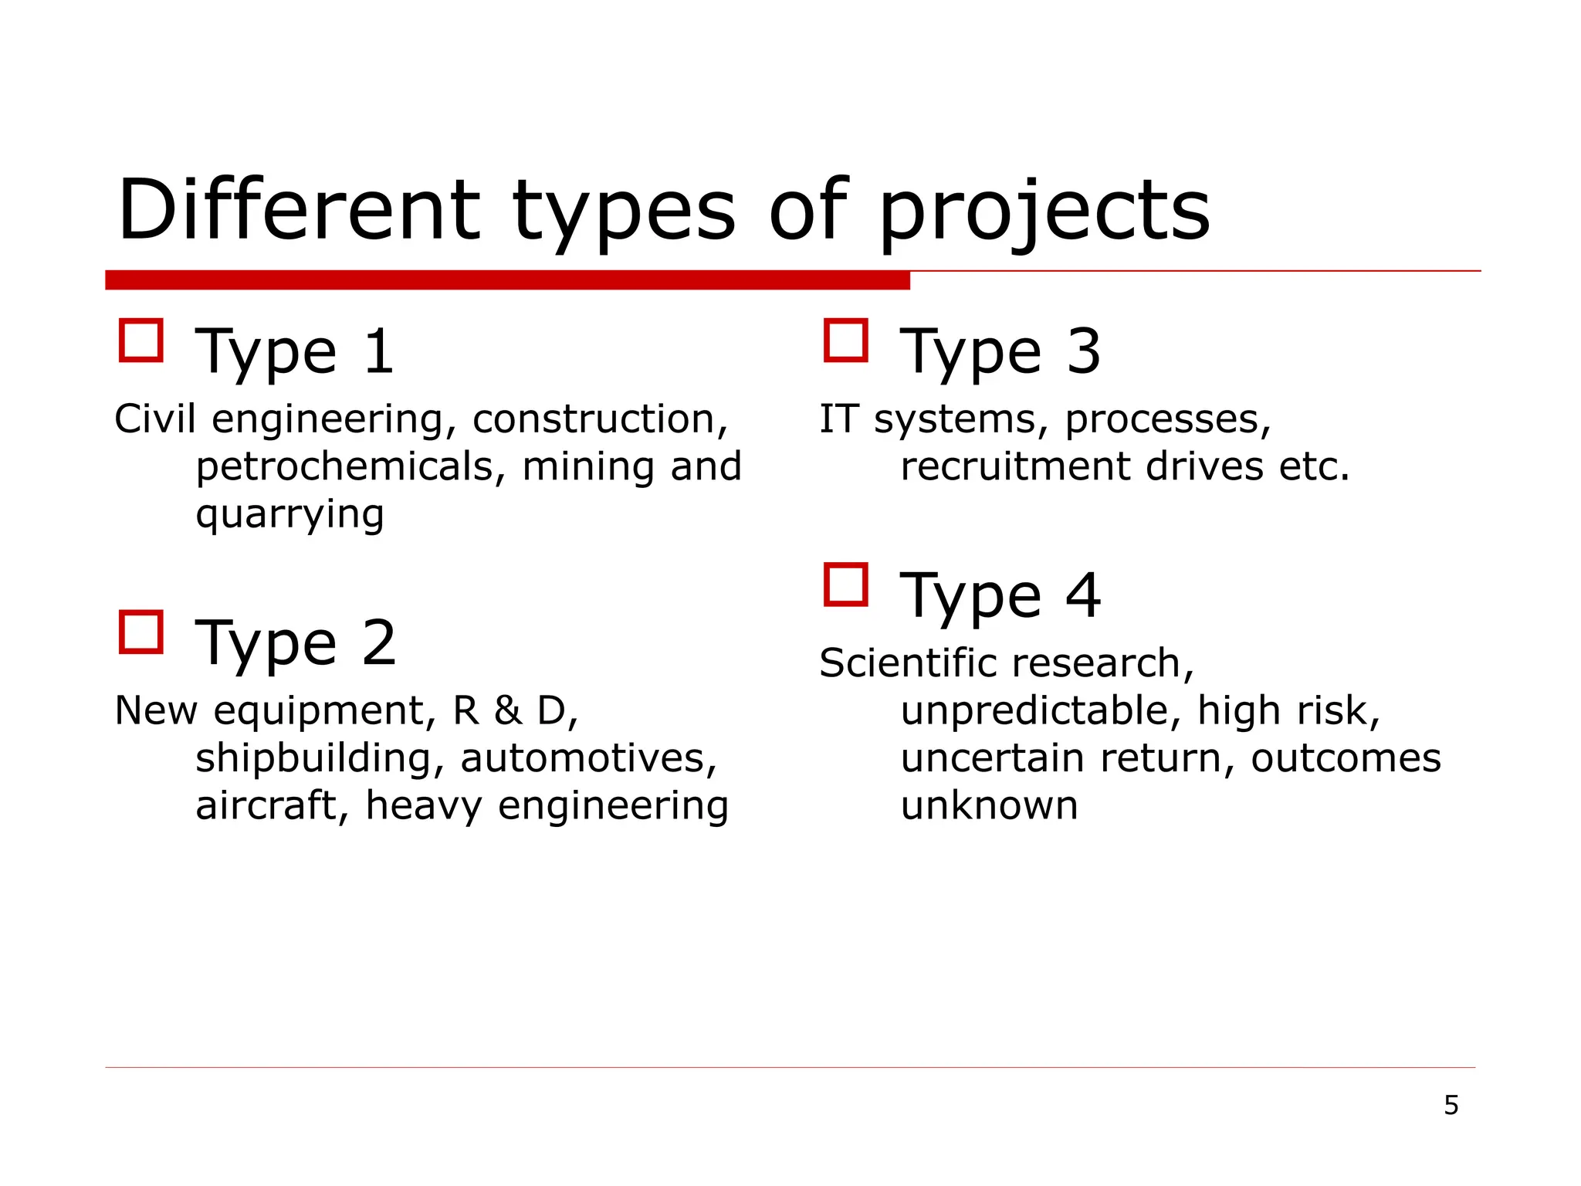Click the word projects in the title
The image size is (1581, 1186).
(1044, 212)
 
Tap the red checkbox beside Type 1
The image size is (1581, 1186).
(141, 341)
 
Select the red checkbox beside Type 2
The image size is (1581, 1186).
(141, 632)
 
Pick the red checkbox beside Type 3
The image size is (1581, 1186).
(846, 341)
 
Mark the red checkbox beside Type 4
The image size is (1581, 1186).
(846, 585)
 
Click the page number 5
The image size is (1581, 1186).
(1451, 1105)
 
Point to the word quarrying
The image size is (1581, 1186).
(289, 515)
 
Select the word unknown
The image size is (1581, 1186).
(989, 805)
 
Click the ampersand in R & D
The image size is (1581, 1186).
(508, 710)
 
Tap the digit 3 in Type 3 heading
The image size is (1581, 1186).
(1084, 351)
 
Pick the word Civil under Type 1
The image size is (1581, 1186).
(154, 419)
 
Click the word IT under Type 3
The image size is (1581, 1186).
(838, 419)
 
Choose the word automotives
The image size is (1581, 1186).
(588, 758)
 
